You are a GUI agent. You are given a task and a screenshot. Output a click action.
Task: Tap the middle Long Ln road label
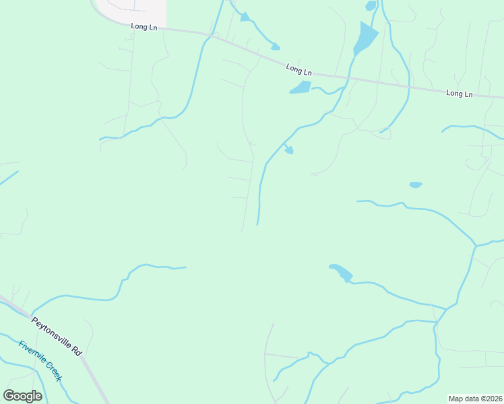298,69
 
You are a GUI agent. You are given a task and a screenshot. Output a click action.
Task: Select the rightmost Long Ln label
459,94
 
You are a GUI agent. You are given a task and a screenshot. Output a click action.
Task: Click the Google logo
22,396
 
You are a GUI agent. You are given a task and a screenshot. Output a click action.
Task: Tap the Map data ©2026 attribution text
475,399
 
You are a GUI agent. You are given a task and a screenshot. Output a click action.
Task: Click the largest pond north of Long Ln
365,39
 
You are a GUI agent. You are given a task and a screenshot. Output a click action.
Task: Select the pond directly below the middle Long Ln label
301,87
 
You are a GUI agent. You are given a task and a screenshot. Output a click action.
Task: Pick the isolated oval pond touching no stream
416,184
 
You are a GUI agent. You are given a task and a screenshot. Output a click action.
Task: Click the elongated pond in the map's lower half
341,273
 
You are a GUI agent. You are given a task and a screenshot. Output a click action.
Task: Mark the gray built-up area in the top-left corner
132,9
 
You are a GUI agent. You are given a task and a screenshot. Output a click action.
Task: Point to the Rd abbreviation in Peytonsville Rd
77,351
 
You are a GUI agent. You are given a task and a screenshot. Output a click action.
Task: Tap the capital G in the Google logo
9,396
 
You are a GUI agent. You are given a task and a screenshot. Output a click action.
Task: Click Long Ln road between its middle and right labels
377,82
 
